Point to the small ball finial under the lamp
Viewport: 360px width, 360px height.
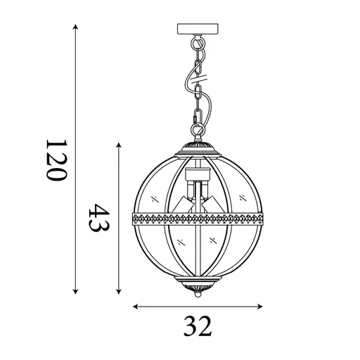click(x=198, y=297)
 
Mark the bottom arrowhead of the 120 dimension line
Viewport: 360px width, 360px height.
click(x=75, y=293)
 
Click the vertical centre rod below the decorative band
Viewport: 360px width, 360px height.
click(x=198, y=253)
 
